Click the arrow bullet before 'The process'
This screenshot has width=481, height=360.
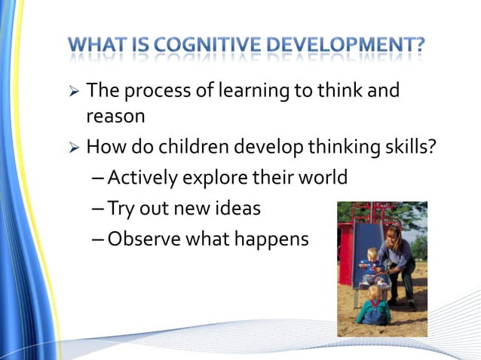[74, 93]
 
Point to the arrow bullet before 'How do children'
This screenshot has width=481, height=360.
[74, 148]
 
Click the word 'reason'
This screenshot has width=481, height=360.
[115, 117]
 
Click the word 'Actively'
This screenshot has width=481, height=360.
[143, 178]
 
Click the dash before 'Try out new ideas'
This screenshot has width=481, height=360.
[101, 209]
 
